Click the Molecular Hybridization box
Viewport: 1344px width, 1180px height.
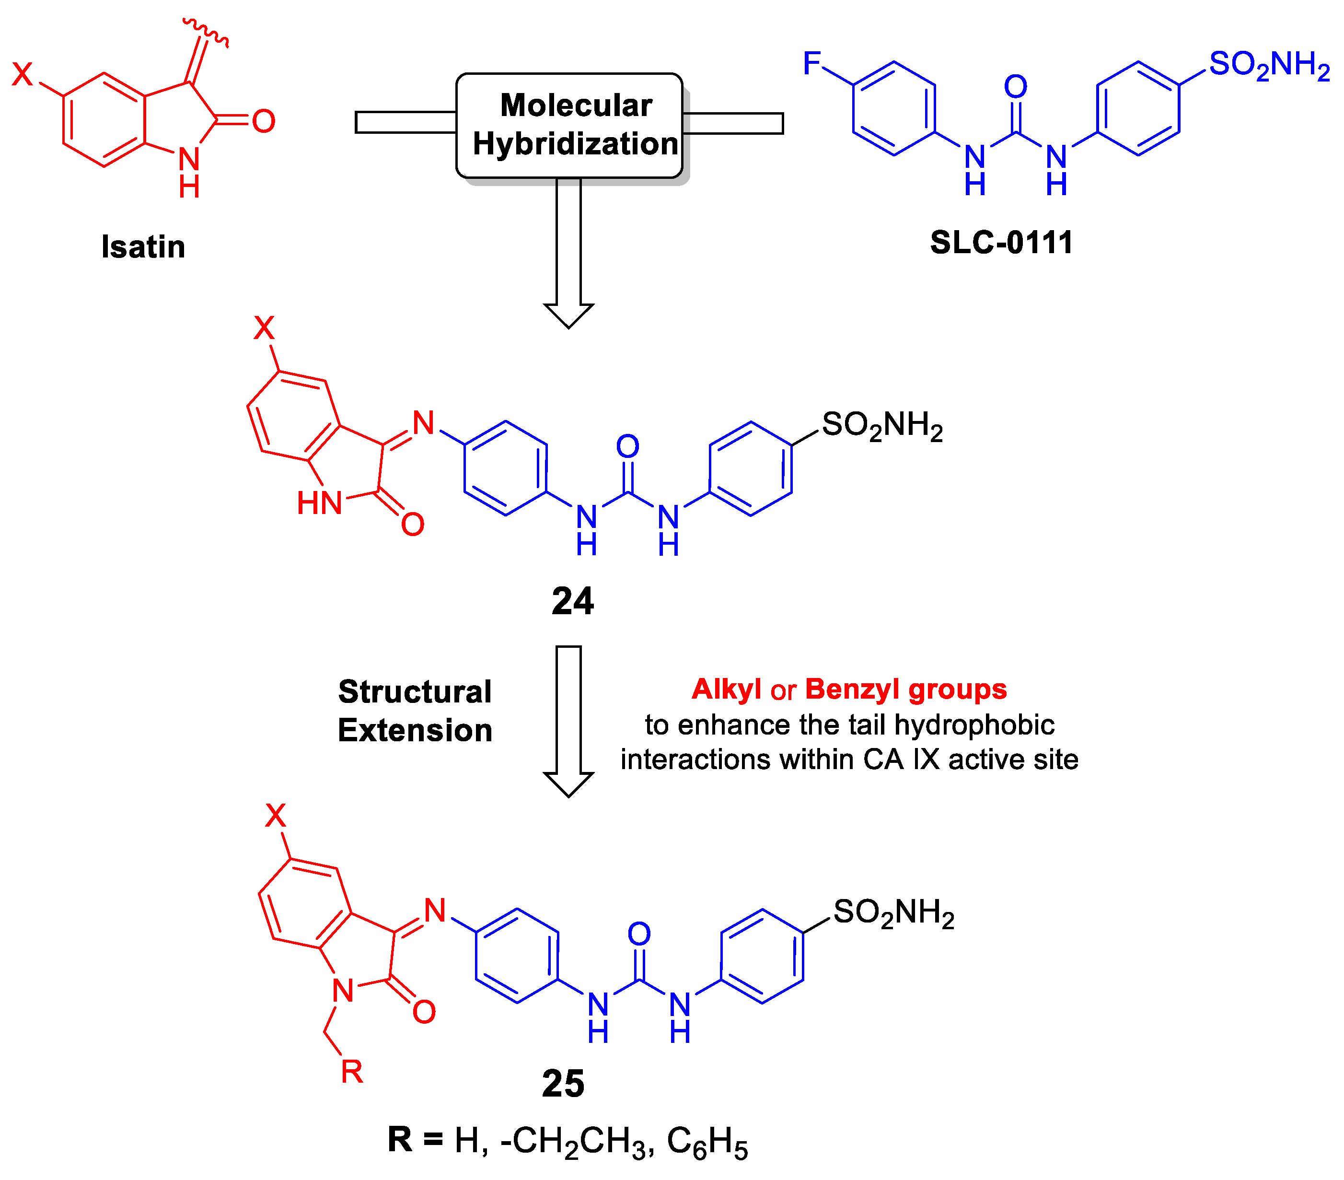[569, 125]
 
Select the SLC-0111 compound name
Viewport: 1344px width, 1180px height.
[1001, 243]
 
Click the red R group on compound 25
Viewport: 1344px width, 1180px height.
[352, 1072]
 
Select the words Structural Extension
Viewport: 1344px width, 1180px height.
[415, 711]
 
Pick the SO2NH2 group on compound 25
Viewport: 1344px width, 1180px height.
[893, 913]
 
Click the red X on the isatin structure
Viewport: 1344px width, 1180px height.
[23, 74]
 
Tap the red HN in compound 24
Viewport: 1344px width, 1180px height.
[320, 503]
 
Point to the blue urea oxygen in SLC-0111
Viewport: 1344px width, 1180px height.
[1015, 87]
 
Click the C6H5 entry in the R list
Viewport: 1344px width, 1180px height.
[707, 1142]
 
